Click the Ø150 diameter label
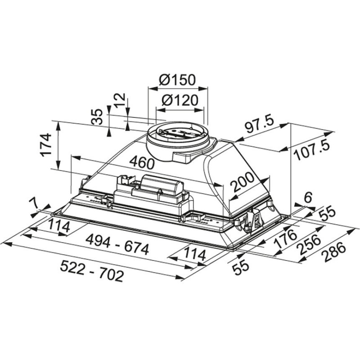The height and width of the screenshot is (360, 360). [x=177, y=80]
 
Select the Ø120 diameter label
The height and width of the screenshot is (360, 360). [x=180, y=100]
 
